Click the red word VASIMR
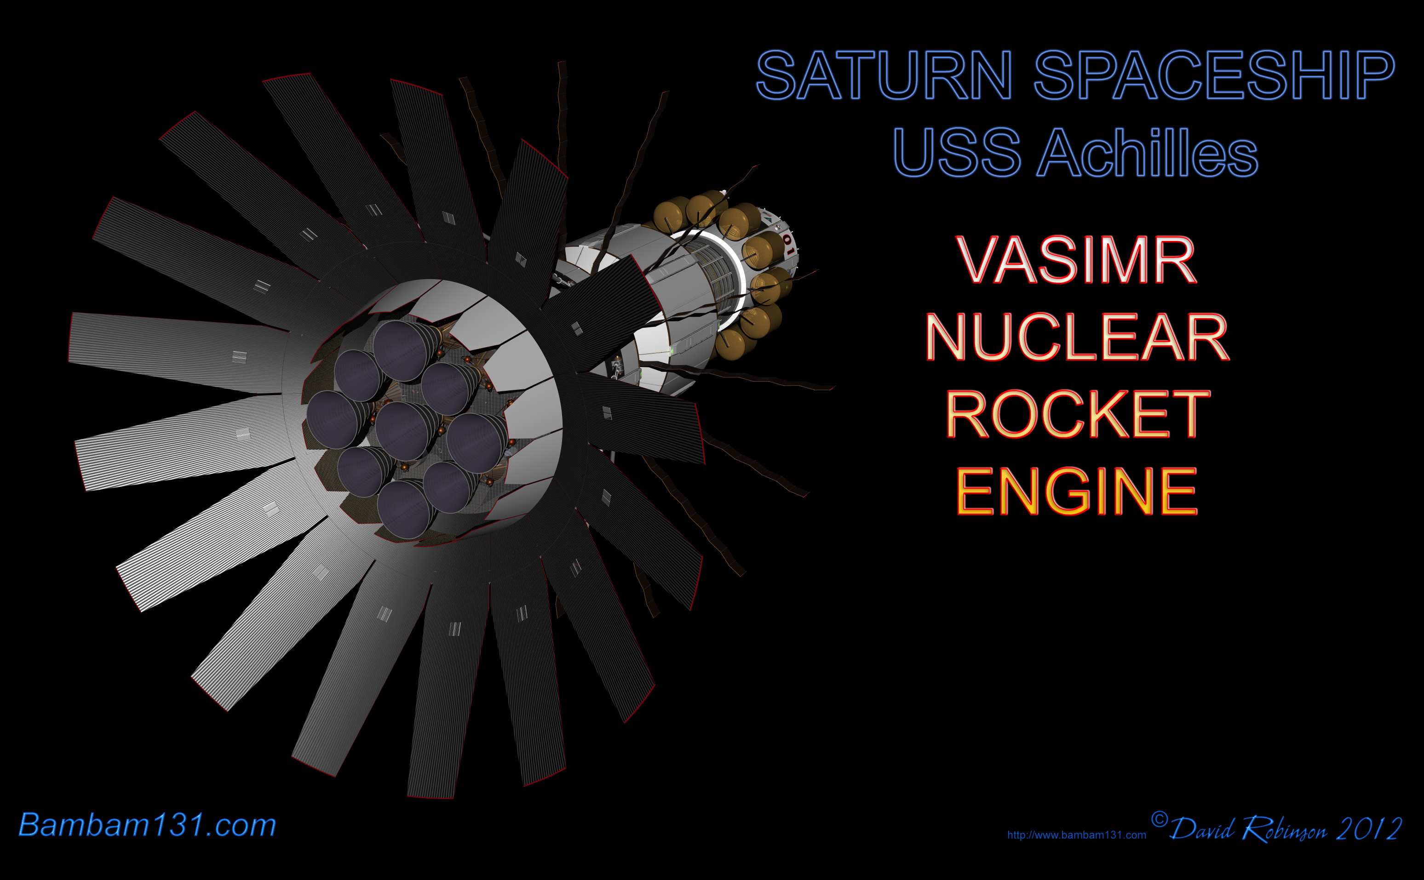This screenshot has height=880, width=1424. (1076, 260)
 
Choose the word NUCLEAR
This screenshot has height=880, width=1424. (1077, 337)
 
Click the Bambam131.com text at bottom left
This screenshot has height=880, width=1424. (147, 825)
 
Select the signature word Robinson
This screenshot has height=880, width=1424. (1284, 829)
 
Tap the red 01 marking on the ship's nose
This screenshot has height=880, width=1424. (788, 245)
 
